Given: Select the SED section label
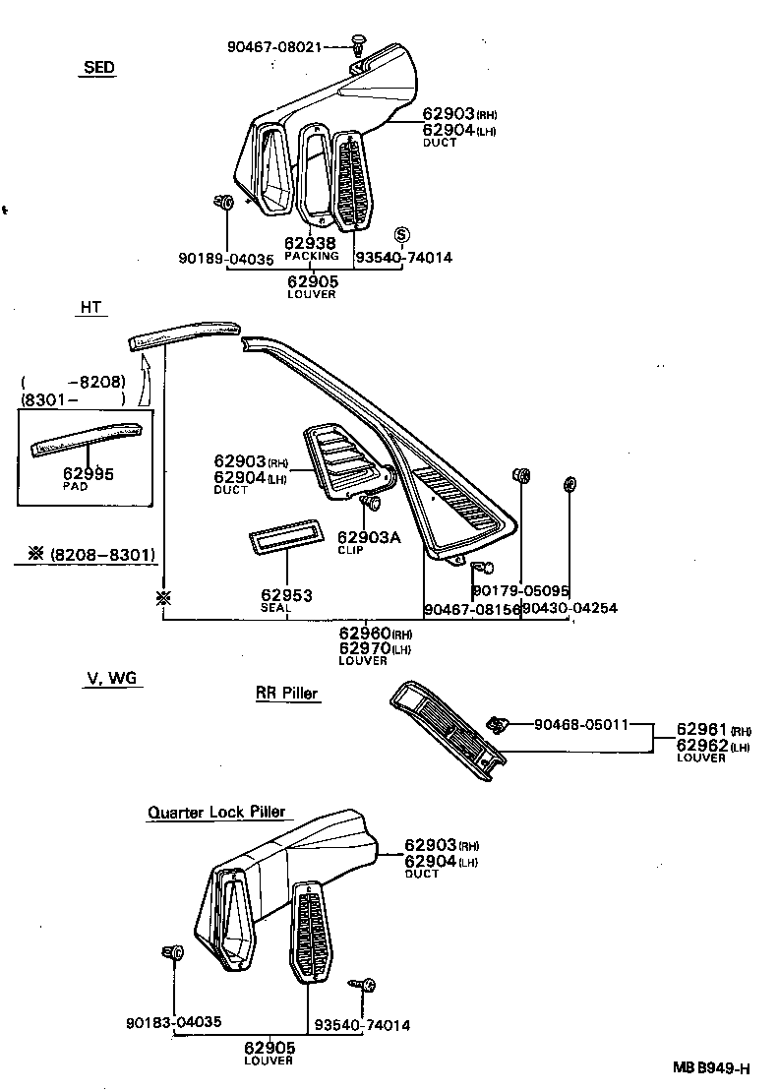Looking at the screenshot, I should tap(97, 68).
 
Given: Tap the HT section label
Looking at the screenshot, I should tap(90, 308).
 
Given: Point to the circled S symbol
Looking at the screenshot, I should tap(401, 235).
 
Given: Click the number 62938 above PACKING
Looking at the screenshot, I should tap(310, 243).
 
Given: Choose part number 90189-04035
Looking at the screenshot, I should tap(227, 259).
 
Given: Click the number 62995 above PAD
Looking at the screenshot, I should tap(89, 474).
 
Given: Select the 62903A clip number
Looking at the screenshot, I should tap(368, 537).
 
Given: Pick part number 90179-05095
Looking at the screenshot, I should tap(520, 591).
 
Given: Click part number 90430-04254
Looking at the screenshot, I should tap(569, 609).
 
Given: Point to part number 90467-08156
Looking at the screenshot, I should tap(471, 609).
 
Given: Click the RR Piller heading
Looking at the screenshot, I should tap(287, 694).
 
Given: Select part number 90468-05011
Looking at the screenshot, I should tap(581, 725).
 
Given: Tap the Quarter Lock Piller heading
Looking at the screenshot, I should tap(216, 812).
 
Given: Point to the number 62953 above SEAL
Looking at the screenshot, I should tap(286, 595).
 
